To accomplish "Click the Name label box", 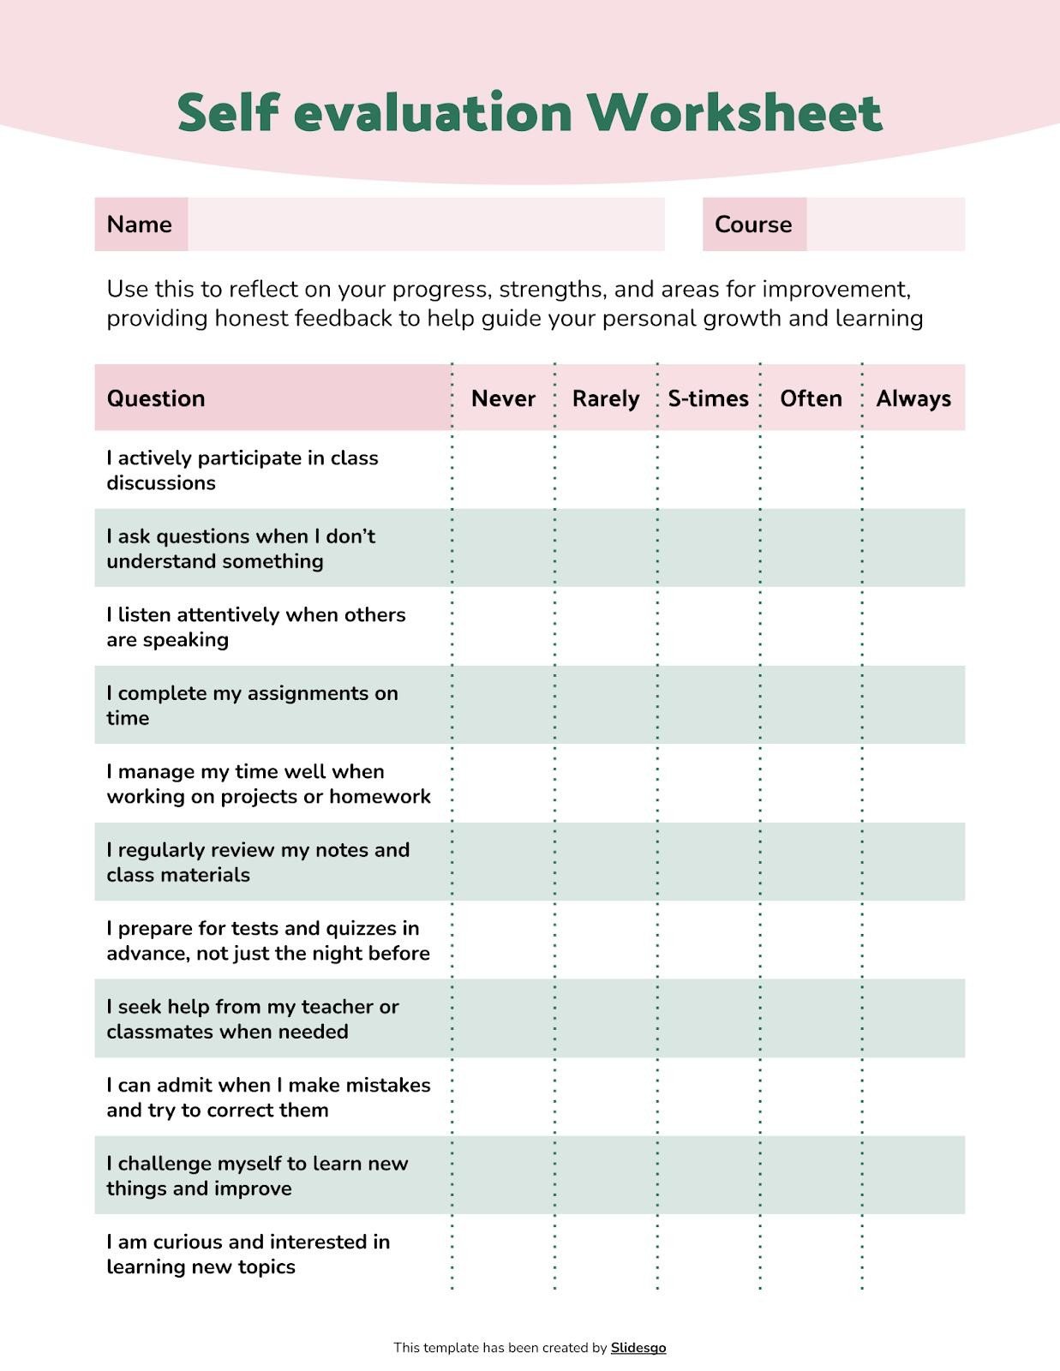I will (141, 225).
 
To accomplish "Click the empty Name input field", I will (426, 225).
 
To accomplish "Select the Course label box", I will (753, 225).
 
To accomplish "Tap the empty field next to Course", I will (885, 225).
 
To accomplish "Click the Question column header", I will (156, 398).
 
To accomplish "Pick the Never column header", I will (503, 398).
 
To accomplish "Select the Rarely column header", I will (606, 398).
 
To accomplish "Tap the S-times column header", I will (708, 398).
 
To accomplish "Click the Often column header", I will (811, 398).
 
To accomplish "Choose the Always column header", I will (913, 398).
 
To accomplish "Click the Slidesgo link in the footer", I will (638, 1347).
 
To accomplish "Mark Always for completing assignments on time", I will (913, 704).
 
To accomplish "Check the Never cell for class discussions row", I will (503, 470).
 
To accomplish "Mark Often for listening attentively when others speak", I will (811, 626).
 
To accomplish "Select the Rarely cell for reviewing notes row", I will (606, 861).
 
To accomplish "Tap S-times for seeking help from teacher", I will (708, 1018).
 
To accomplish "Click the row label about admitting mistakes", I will (268, 1097).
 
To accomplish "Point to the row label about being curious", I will (248, 1254).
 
